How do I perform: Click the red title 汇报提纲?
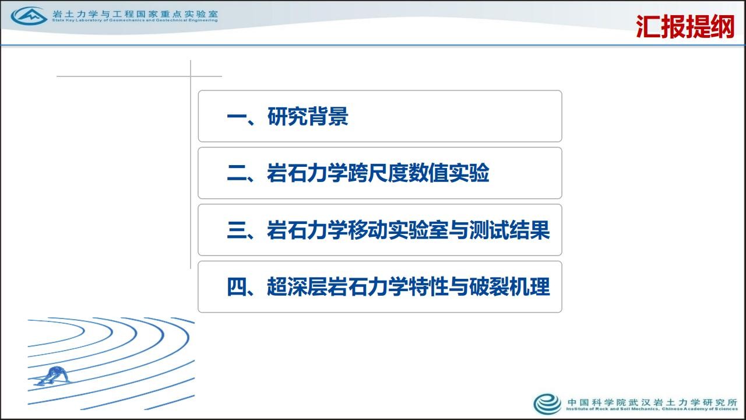click(685, 27)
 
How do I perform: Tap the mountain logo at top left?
click(29, 16)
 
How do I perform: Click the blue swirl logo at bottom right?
click(547, 404)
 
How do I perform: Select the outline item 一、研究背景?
click(287, 116)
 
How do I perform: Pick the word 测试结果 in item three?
click(509, 230)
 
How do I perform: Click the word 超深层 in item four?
click(297, 286)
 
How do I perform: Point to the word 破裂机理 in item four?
click(509, 286)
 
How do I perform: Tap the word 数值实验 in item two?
click(449, 173)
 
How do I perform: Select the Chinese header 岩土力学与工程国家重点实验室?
click(135, 13)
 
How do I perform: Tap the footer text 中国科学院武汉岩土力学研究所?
click(652, 402)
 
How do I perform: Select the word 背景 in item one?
click(328, 116)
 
